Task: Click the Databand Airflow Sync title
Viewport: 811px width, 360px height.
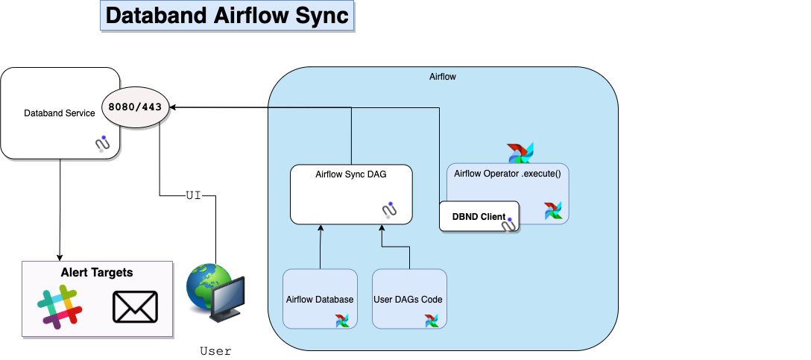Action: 227,16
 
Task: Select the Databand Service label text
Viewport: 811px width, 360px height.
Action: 60,113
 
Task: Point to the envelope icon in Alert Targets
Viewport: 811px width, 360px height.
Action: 135,307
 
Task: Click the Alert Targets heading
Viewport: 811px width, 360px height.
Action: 97,273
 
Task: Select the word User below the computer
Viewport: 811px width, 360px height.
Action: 215,350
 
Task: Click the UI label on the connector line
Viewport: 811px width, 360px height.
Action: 193,195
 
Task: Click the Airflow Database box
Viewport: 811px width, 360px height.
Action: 320,299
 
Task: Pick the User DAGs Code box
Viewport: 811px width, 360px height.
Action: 409,299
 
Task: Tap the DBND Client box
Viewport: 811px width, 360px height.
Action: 479,217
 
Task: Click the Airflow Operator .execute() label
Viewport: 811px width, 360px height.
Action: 507,174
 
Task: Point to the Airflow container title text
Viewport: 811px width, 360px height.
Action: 443,77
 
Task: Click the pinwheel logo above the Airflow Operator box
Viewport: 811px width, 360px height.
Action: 520,153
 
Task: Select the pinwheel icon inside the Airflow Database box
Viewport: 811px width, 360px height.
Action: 342,320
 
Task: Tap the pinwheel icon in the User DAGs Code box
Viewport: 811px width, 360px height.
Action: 432,320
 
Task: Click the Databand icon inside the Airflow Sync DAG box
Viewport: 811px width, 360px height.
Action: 389,209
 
